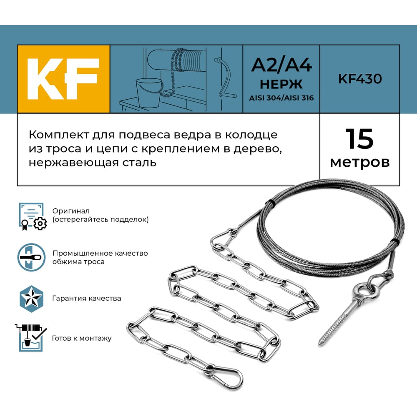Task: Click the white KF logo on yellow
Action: coord(63,79)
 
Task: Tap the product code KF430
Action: coord(360,79)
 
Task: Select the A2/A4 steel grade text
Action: coord(281,65)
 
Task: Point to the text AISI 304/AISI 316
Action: coord(281,98)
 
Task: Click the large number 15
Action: coord(359,139)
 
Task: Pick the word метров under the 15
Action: coord(360,162)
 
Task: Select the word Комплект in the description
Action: coord(58,135)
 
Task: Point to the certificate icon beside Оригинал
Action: coord(33,216)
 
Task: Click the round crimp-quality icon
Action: coord(31,257)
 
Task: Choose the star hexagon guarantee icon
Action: coord(31,299)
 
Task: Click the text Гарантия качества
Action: coord(87,299)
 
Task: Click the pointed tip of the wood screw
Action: coord(320,344)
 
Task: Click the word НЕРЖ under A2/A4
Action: coord(281,84)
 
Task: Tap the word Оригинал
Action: coord(71,211)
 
